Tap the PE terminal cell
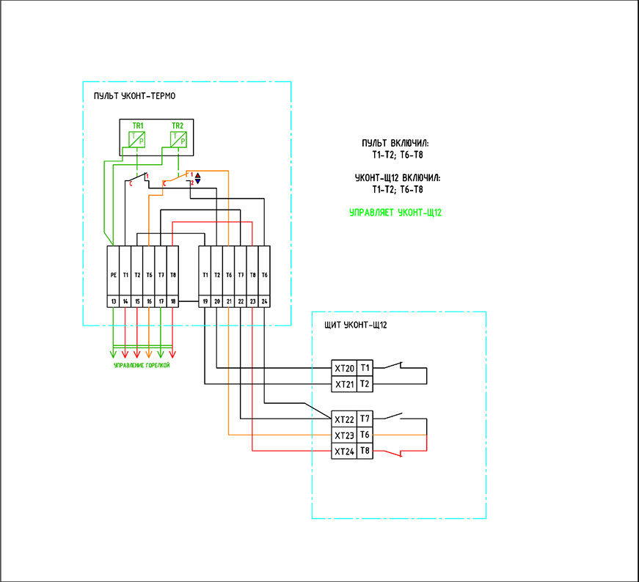coord(113,276)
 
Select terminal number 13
coord(113,301)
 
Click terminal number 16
coord(149,301)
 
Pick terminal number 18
coord(172,301)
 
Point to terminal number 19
coord(205,301)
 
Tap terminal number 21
coord(229,301)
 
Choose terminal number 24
coord(264,301)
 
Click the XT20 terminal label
coord(344,368)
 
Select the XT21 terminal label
coord(344,384)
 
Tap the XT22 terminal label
coord(344,419)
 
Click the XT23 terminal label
coord(344,435)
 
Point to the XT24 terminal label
coord(344,452)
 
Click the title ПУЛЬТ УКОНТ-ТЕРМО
coord(134,97)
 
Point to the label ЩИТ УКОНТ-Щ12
coord(355,324)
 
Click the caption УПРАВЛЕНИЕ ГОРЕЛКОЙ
coord(142,365)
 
